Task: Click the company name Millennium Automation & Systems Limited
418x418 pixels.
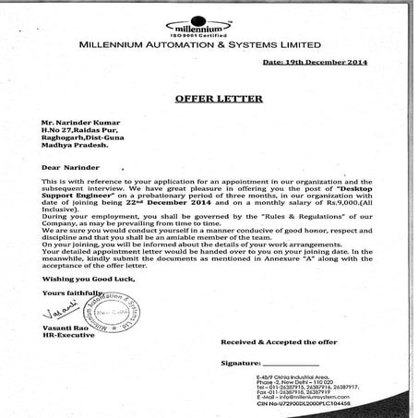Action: click(200, 44)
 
